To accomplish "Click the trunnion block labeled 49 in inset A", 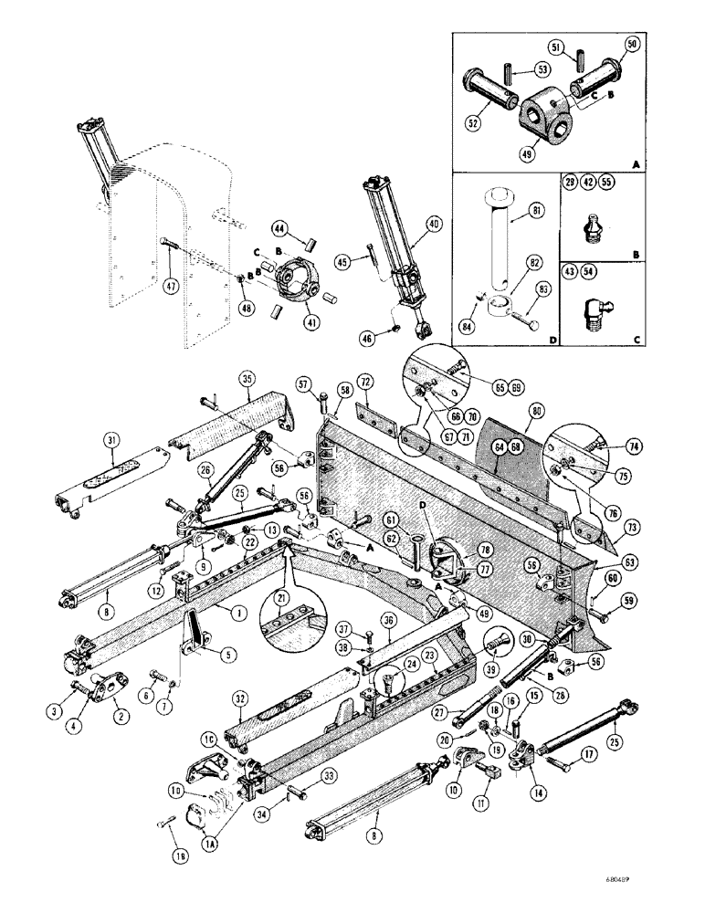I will coord(544,116).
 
